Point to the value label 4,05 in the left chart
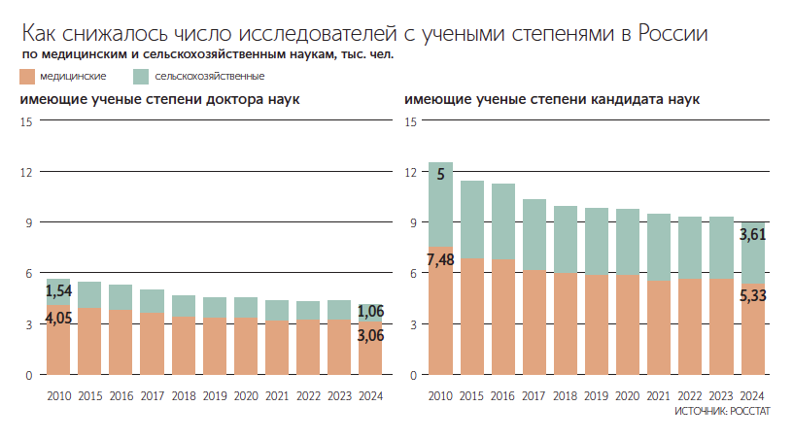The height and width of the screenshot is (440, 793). (x=59, y=318)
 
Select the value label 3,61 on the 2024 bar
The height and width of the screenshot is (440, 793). (x=754, y=234)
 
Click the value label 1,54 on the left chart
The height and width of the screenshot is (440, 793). (x=59, y=290)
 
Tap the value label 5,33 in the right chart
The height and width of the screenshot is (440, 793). (x=754, y=295)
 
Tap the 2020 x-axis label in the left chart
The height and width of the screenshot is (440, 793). (x=246, y=395)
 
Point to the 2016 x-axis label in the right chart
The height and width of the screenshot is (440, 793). (x=503, y=395)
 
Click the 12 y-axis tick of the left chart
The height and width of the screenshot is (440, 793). (x=27, y=172)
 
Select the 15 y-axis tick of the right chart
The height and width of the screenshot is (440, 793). (x=410, y=121)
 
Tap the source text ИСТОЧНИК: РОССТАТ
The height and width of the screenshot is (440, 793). (x=721, y=413)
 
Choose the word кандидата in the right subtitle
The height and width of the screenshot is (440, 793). (x=625, y=99)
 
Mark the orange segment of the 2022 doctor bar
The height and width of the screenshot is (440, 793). (x=308, y=347)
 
